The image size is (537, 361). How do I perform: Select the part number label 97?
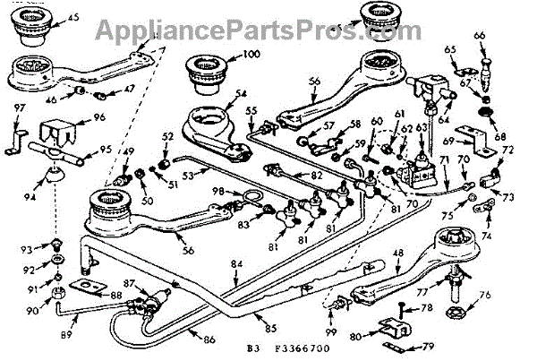click(x=20, y=108)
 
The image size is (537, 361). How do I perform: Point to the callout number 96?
click(x=98, y=117)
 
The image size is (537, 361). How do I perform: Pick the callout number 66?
click(x=480, y=36)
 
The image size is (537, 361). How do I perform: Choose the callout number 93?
click(x=39, y=248)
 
